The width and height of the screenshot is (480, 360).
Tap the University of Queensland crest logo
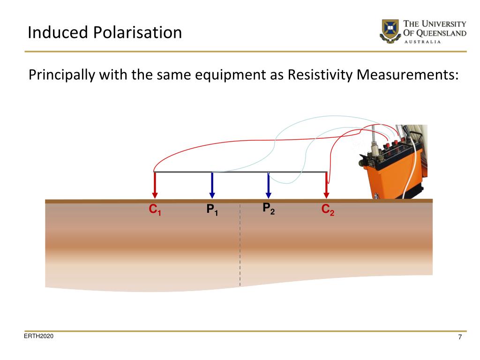tap(390, 31)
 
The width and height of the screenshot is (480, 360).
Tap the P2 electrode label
tap(269, 209)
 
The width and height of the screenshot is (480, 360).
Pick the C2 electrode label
tap(328, 210)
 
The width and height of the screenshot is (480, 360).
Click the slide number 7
tap(460, 337)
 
